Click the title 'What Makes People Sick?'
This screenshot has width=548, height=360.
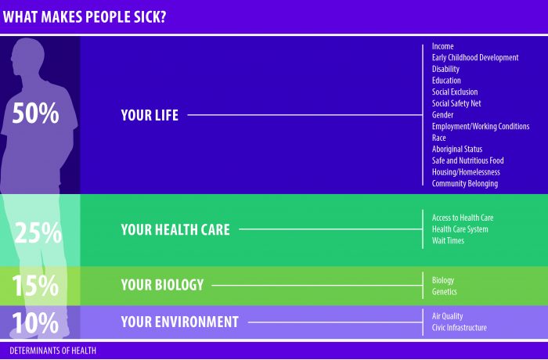click(85, 16)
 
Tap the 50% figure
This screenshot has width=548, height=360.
click(36, 113)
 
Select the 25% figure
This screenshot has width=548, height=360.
click(38, 232)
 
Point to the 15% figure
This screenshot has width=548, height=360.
click(35, 285)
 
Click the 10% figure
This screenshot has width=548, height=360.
click(35, 322)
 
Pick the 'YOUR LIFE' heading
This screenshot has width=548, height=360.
click(150, 115)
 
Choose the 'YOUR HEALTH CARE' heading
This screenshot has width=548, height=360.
click(175, 229)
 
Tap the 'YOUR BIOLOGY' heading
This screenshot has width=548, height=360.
click(162, 285)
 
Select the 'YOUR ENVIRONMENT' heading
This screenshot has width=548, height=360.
click(179, 322)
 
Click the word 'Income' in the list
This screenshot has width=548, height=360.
click(443, 46)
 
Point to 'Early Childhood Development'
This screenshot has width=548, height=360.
click(475, 58)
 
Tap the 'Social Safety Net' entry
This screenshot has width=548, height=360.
click(456, 103)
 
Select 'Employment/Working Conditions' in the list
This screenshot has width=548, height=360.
click(481, 126)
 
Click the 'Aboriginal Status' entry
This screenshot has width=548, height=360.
click(457, 149)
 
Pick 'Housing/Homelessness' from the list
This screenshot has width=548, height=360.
click(466, 172)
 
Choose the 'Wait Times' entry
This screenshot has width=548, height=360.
click(448, 240)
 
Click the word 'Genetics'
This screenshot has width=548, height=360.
click(444, 291)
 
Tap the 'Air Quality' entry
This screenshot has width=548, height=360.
click(447, 316)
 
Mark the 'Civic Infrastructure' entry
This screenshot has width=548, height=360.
click(460, 327)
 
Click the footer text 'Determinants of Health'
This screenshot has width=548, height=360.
click(52, 351)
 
